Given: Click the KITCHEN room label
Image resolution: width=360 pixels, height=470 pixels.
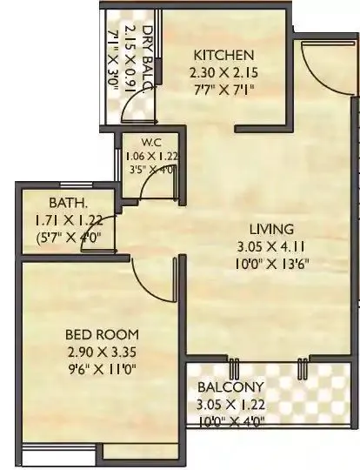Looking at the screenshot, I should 223,54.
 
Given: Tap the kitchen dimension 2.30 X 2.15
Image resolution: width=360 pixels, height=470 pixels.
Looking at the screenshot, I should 223,74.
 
